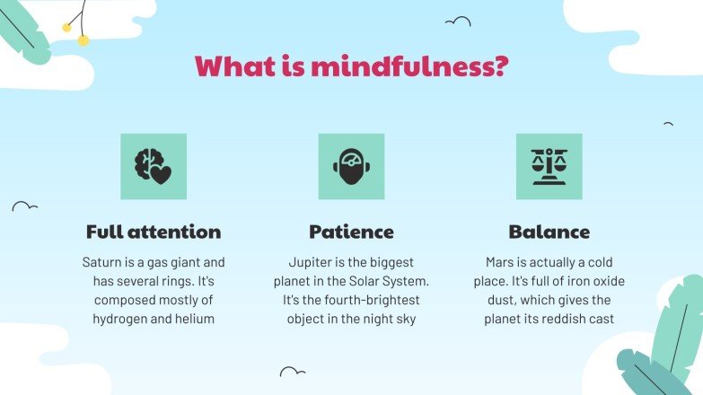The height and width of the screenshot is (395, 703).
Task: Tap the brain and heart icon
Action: (154, 166)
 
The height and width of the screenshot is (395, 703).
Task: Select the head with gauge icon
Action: (351, 166)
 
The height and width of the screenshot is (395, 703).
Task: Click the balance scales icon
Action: (549, 166)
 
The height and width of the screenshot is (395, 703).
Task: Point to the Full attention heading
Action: (154, 232)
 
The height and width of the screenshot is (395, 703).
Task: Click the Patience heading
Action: (351, 232)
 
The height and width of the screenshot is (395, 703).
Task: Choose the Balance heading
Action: (549, 232)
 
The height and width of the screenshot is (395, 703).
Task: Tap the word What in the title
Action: (230, 66)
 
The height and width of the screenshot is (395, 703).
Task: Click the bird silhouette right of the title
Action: (458, 22)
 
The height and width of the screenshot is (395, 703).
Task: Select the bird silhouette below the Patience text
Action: (293, 371)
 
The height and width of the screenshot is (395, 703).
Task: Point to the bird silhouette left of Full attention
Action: (24, 206)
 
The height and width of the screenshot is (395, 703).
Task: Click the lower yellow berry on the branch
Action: (83, 40)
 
